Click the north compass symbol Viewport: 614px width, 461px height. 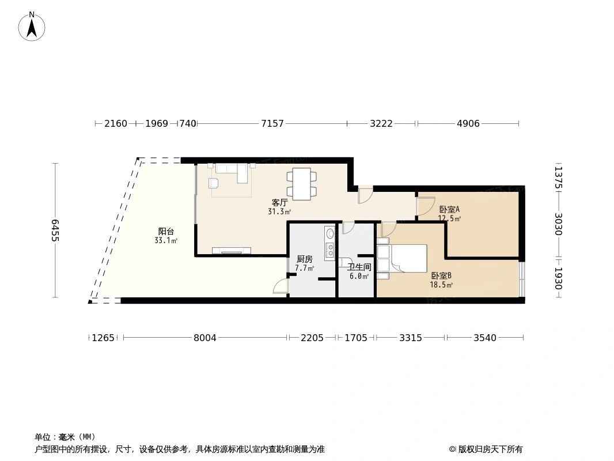coord(32,26)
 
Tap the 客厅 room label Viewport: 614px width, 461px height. coord(279,203)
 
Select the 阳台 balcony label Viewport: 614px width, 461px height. coord(166,232)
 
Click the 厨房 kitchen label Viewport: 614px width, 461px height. coord(304,259)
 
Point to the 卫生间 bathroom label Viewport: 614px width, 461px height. coord(359,267)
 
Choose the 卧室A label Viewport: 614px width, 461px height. coord(449,210)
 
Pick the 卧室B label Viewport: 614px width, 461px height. coord(441,276)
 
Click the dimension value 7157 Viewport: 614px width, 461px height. coord(272,124)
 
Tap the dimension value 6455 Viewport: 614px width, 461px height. coord(55,231)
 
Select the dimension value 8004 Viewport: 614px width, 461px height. coord(204,338)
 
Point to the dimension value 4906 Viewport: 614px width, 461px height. coord(468,124)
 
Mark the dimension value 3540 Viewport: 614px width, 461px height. coord(484,338)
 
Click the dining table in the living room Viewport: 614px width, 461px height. coord(302,183)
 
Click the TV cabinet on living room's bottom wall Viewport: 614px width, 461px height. coord(232,250)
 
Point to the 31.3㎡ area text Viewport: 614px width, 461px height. coord(279,211)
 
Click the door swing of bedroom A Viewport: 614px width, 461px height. coord(425,206)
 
